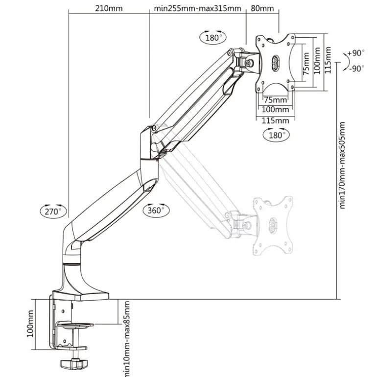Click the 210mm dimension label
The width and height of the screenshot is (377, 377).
coord(108,8)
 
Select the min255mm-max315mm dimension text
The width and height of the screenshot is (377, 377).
coord(197,8)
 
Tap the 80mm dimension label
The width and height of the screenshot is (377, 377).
coord(263,8)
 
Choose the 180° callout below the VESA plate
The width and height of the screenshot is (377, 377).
coord(276,135)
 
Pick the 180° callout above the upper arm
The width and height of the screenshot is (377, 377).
coord(213,37)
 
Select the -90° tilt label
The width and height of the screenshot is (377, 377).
coord(356,68)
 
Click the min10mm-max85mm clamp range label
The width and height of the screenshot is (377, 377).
coord(127,338)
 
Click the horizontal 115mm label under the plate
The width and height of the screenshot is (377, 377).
coord(275,120)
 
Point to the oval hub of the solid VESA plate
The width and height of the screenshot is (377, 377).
coord(275,62)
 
